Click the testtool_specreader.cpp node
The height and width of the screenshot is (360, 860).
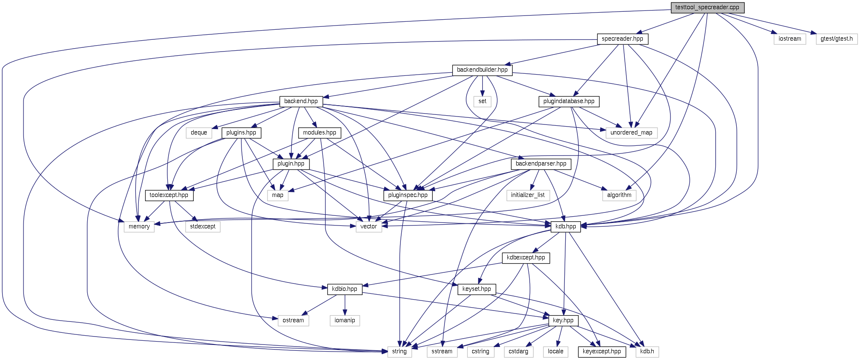708,8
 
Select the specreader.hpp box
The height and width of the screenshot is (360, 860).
622,39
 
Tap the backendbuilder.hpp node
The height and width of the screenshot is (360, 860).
482,70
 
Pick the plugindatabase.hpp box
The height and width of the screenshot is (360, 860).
569,101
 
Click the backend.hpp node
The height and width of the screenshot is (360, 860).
301,101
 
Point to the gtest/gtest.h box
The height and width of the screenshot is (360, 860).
837,39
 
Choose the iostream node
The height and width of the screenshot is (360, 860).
790,39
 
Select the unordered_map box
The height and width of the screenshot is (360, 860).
631,133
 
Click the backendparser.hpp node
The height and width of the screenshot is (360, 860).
541,164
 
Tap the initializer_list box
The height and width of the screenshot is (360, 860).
528,195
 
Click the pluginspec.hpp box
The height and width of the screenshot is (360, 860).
408,195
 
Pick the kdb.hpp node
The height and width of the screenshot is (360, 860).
566,227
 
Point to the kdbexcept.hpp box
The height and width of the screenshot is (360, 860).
526,258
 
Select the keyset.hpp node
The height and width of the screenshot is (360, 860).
477,289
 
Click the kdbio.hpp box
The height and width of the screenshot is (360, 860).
345,289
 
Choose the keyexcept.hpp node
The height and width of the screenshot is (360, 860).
602,352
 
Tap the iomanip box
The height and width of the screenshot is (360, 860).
345,321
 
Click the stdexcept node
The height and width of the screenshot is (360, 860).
203,227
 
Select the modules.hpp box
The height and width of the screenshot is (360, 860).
320,133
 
